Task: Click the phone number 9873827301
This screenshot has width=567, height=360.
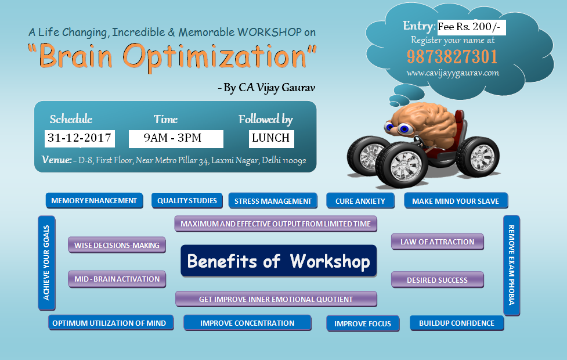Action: pyautogui.click(x=452, y=56)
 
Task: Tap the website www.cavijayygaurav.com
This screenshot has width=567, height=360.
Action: pyautogui.click(x=453, y=73)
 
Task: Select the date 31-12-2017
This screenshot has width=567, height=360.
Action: pyautogui.click(x=80, y=138)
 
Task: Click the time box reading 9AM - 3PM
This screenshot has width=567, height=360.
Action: pyautogui.click(x=176, y=139)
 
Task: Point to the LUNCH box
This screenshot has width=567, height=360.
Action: pyautogui.click(x=271, y=139)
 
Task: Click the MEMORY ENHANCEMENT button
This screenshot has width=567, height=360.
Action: pyautogui.click(x=95, y=201)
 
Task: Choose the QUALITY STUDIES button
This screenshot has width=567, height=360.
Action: pyautogui.click(x=187, y=201)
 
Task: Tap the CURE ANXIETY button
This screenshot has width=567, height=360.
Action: pyautogui.click(x=360, y=201)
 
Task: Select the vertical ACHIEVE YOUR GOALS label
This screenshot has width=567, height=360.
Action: pyautogui.click(x=46, y=263)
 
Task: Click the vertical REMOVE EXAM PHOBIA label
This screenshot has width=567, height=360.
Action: pyautogui.click(x=511, y=265)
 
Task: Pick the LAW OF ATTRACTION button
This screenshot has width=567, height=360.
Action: pyautogui.click(x=437, y=242)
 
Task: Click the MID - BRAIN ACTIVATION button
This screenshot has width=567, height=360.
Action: pyautogui.click(x=117, y=279)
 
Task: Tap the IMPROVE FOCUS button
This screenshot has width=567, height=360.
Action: pyautogui.click(x=363, y=323)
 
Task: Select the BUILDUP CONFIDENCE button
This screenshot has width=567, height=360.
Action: pyautogui.click(x=457, y=323)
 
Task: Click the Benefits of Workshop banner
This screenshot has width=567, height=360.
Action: pyautogui.click(x=279, y=261)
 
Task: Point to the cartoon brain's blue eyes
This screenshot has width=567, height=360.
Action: pyautogui.click(x=398, y=128)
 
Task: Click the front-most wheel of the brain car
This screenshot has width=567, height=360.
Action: pyautogui.click(x=402, y=165)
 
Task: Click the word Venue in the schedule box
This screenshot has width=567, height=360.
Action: pyautogui.click(x=56, y=160)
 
